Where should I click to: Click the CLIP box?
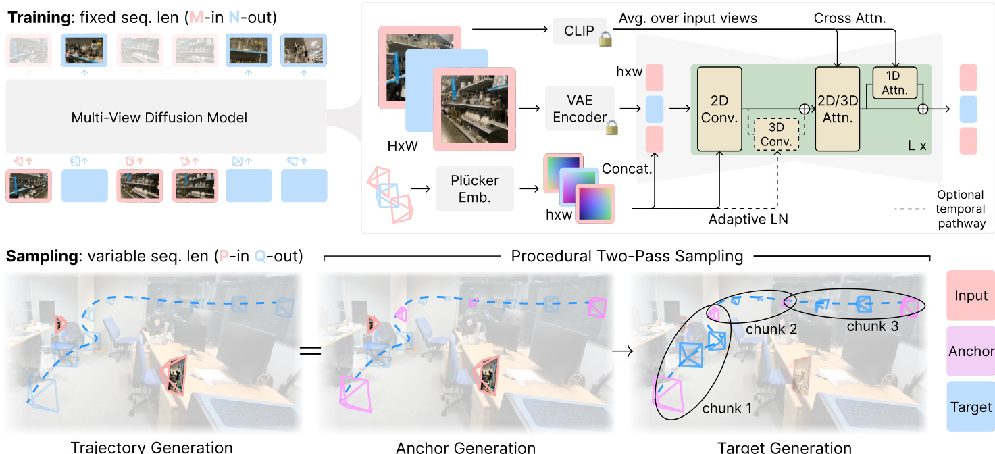click(x=579, y=31)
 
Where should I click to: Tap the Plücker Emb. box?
click(x=474, y=188)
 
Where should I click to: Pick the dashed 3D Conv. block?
click(x=773, y=134)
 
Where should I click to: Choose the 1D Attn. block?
click(x=894, y=81)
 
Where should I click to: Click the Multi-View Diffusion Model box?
click(x=159, y=118)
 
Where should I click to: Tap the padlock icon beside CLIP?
click(x=606, y=39)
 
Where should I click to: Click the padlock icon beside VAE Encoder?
click(x=613, y=126)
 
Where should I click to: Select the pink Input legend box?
click(x=971, y=295)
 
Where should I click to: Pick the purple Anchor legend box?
click(x=971, y=351)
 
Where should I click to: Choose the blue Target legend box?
click(x=971, y=407)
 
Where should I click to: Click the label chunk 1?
click(x=727, y=408)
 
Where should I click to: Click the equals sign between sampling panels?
click(x=309, y=351)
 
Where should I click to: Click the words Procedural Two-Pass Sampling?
click(x=627, y=257)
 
